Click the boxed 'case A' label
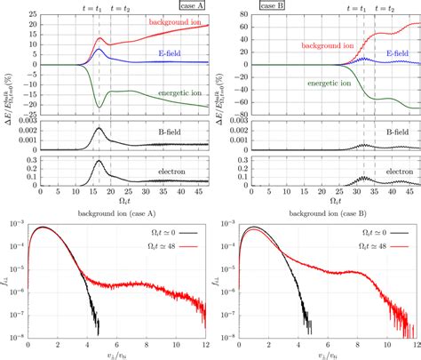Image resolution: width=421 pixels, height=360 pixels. click(187, 6)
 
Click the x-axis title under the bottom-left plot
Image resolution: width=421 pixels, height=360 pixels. click(115, 356)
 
